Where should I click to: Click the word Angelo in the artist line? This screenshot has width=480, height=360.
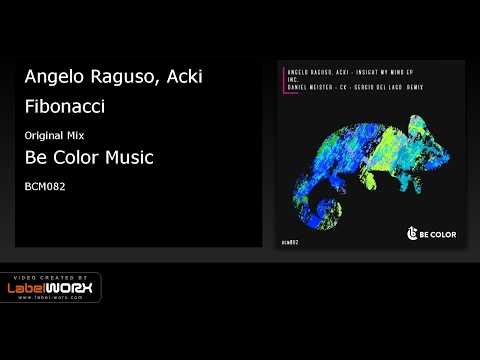51,78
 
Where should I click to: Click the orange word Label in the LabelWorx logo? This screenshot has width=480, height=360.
35,289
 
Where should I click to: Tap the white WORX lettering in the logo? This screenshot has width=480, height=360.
74,289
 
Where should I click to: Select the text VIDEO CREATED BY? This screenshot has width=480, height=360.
50,276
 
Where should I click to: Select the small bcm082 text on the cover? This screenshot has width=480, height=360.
293,241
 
